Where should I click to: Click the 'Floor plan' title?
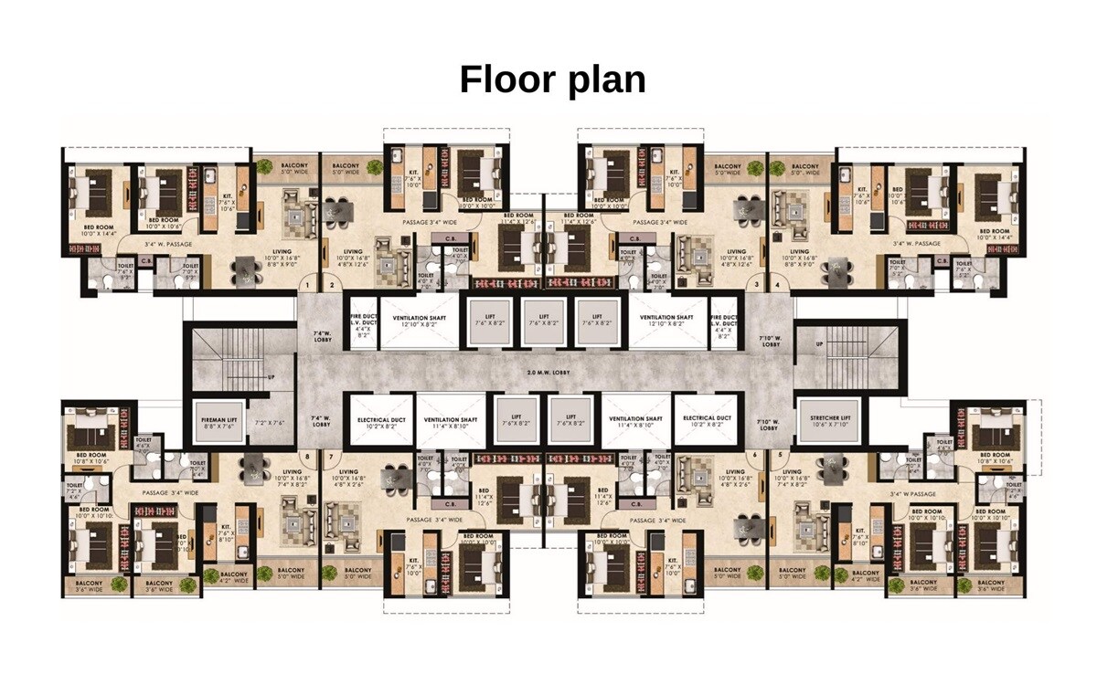[552, 79]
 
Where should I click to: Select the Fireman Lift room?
[219, 423]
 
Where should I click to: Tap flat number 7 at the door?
[331, 455]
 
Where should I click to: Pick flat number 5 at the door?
[780, 455]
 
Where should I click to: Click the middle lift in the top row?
[544, 321]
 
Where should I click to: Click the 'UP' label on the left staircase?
[272, 376]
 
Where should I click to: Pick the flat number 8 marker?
[308, 455]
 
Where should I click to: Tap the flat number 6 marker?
[755, 455]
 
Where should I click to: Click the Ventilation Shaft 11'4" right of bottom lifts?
[636, 421]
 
